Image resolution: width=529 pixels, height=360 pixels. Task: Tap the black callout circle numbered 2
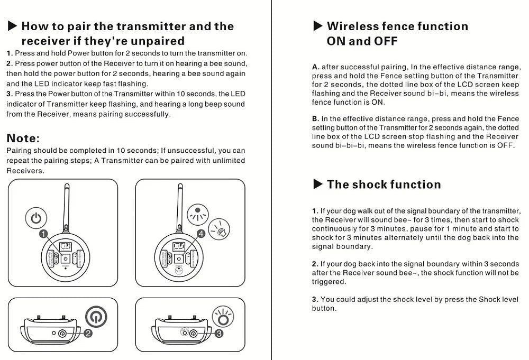(x=88, y=333)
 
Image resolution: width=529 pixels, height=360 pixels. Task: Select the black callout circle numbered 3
(x=219, y=333)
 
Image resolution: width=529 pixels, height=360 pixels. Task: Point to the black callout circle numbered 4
(x=201, y=233)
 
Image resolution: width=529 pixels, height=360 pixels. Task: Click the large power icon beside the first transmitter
(x=36, y=218)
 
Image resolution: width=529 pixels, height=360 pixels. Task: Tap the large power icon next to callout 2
(x=96, y=316)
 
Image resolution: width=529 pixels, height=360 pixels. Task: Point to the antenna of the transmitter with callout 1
(x=67, y=204)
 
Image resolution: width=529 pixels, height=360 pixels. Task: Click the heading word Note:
(x=23, y=139)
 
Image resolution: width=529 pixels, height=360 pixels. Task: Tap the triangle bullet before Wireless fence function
(x=317, y=26)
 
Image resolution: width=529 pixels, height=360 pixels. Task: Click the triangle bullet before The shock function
(x=317, y=184)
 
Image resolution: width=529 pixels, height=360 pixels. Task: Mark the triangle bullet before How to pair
(x=12, y=26)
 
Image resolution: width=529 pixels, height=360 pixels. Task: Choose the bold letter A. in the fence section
(x=316, y=67)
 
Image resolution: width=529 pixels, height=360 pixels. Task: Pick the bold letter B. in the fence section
(x=316, y=119)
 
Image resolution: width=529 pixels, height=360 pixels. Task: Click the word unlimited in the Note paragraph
(x=227, y=161)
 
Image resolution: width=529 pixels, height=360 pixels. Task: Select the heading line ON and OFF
(x=362, y=41)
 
